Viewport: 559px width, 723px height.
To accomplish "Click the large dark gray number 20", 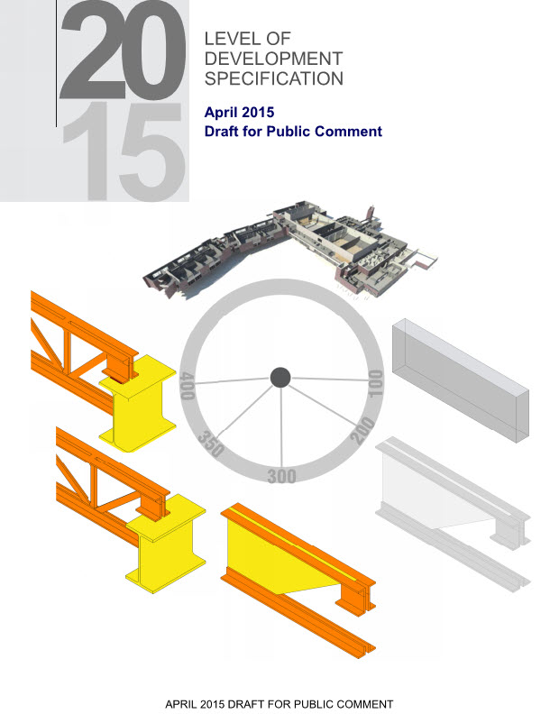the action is point(124,50).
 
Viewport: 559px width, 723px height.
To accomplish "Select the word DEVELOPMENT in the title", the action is point(273,59).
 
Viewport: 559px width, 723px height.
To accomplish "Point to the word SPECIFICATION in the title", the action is point(274,78).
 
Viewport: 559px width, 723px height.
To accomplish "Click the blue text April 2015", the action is point(239,112).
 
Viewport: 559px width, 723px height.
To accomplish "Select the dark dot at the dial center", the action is point(280,378).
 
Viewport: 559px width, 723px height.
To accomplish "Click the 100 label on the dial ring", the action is point(375,383).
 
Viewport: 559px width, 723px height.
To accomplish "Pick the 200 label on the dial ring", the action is point(362,430).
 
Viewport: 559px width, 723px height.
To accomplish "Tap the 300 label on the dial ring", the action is point(281,476).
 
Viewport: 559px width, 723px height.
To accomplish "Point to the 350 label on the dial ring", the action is point(211,444).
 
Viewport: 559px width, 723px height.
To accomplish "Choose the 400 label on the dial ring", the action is point(188,386).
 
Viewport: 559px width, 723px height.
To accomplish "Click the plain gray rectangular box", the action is point(461,380).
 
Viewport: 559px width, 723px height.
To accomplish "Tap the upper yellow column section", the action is point(138,404).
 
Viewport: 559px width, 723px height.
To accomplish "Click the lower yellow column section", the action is point(166,545).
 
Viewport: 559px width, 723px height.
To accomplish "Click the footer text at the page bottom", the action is point(279,705).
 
